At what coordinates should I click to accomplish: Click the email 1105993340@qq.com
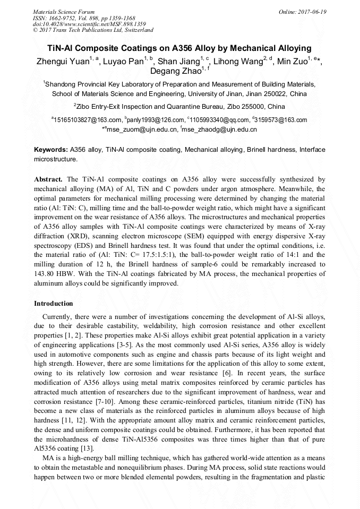tap(220, 120)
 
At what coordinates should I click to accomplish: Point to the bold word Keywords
tap(50, 150)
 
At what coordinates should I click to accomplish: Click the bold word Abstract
tap(48, 180)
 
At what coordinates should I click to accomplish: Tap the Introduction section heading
tap(54, 304)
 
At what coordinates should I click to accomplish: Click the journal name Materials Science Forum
tap(64, 12)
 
